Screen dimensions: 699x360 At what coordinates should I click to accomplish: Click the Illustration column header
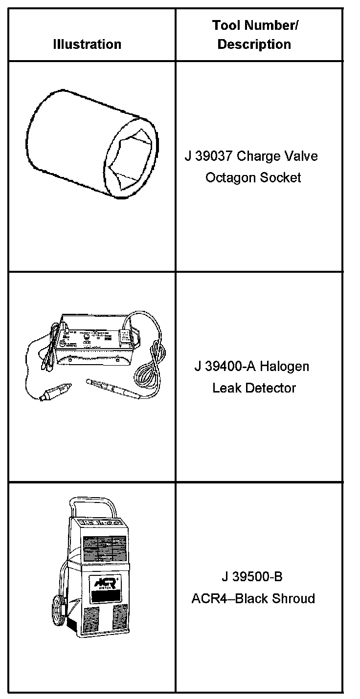(87, 44)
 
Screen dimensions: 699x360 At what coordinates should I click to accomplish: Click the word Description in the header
(254, 44)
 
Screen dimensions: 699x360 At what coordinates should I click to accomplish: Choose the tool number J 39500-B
(252, 577)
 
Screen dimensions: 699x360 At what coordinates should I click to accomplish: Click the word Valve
(302, 156)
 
